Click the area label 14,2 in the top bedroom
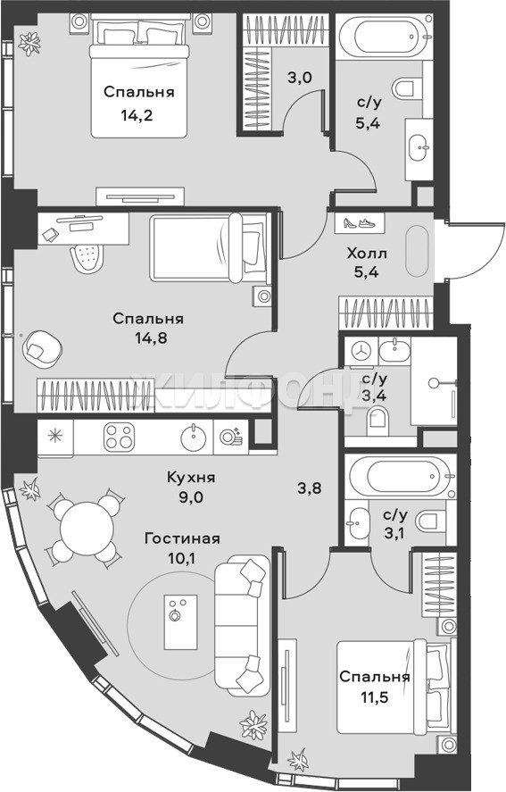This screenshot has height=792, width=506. (x=137, y=116)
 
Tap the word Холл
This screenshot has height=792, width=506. (x=367, y=253)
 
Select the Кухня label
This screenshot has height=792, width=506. (x=191, y=478)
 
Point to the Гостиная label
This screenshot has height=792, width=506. (x=182, y=538)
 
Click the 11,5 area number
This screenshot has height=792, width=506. (x=374, y=697)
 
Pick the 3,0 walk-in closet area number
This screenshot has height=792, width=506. (x=301, y=79)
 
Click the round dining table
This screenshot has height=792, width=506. (x=87, y=528)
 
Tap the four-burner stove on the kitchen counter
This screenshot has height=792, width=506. (x=120, y=438)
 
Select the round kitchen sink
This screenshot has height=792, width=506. (x=194, y=438)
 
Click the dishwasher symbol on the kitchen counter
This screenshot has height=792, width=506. (x=231, y=437)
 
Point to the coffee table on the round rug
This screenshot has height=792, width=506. (x=180, y=621)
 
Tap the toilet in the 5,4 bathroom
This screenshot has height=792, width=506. (x=407, y=88)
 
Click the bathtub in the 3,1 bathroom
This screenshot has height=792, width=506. (x=401, y=477)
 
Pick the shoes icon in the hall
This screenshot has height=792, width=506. (x=358, y=222)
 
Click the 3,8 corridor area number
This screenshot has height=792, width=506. (x=310, y=488)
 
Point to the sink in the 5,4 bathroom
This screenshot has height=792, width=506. (x=419, y=148)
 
